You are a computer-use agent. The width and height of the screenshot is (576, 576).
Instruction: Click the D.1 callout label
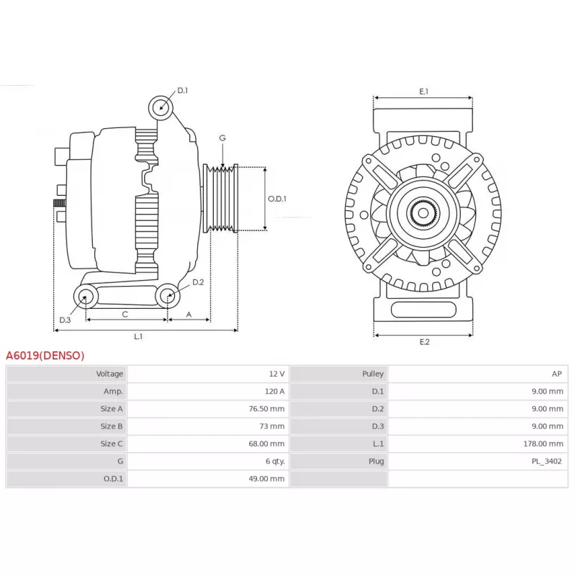point(183,91)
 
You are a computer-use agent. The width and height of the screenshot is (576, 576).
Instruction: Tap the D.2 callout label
point(198,282)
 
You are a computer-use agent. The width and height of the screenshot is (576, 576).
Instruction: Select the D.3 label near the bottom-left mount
point(65,320)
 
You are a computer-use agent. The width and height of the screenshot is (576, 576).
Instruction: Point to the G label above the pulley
point(222,138)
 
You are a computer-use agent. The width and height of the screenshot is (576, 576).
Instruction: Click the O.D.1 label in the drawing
point(277,199)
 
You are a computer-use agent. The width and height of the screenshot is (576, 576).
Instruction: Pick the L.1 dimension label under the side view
point(138,336)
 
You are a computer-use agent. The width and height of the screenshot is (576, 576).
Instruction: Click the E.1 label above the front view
point(424,91)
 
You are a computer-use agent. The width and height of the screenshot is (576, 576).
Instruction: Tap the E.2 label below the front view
point(424,342)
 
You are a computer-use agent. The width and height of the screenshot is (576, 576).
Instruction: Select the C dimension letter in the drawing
point(125,315)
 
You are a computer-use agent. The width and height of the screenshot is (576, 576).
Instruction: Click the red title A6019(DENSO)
point(45,356)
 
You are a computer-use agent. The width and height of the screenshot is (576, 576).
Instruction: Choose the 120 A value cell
point(275,391)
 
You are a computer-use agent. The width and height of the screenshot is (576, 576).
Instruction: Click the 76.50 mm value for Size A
point(266,409)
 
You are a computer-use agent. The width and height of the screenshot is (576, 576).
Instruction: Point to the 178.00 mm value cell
point(544,444)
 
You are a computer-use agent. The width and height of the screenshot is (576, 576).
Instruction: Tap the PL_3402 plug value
point(546,462)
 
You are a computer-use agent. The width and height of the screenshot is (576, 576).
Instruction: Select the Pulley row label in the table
point(373,374)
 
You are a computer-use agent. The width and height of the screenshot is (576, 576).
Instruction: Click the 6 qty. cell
point(276,462)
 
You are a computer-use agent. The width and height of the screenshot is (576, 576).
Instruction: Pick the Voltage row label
point(109,374)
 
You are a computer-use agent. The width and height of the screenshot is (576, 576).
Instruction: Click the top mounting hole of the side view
point(161,107)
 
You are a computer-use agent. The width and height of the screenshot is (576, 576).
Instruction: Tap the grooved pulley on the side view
point(221,199)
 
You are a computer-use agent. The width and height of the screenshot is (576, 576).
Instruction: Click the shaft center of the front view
point(423,212)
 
